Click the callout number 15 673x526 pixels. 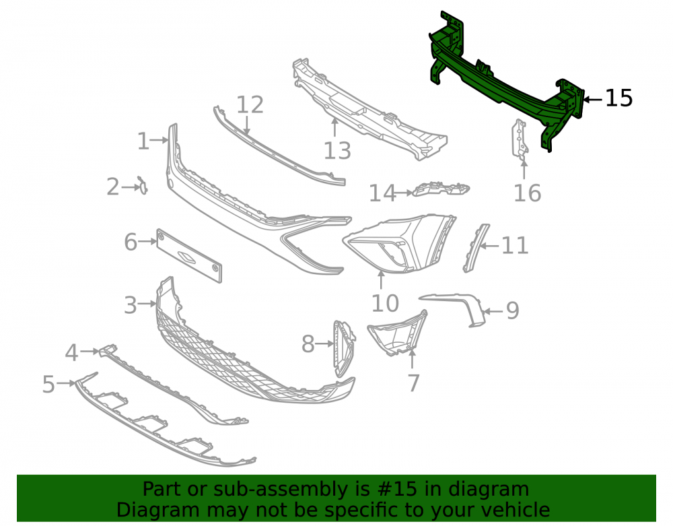coord(618,98)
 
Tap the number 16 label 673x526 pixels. coord(527,193)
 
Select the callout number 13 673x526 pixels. coord(337,151)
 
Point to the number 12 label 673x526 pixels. coord(250,105)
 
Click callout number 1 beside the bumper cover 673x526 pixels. coord(143,141)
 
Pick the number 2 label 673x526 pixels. coord(113,187)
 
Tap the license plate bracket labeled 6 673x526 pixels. coord(189,256)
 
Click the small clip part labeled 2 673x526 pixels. coord(142,185)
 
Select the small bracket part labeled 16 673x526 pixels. coord(520,139)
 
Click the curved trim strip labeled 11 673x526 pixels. coord(475,248)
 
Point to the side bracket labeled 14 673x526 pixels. coord(441,189)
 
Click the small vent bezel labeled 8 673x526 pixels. coord(344,348)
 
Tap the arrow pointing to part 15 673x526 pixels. coord(593,100)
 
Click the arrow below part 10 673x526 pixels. coord(381,280)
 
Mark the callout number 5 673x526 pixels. coord(48,384)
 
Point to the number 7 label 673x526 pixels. coord(413,383)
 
